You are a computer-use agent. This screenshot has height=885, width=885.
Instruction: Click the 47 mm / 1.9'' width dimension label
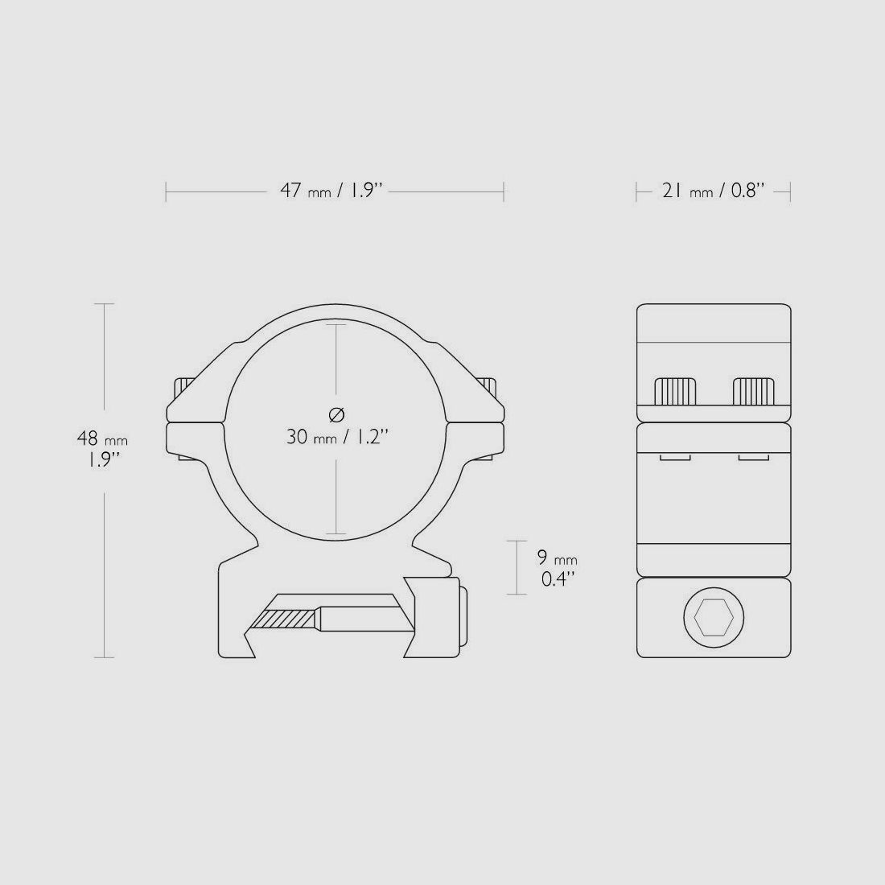[x=330, y=191]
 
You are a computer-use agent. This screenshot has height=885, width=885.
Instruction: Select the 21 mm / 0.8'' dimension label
[x=713, y=191]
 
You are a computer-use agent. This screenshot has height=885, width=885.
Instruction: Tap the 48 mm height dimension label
[x=102, y=450]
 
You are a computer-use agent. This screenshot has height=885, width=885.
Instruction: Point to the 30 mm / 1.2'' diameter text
[x=337, y=437]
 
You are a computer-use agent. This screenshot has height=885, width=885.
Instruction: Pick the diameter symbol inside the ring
[x=337, y=414]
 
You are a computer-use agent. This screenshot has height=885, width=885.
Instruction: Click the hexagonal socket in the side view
[x=714, y=618]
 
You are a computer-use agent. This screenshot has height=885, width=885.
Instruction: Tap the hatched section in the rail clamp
[x=282, y=619]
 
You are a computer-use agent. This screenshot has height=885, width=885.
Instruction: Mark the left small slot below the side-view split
[x=675, y=458]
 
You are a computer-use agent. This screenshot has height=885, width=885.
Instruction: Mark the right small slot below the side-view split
[x=752, y=458]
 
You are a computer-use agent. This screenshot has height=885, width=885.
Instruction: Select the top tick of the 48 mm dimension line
[x=105, y=304]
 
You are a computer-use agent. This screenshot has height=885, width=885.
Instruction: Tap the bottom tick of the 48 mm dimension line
[x=105, y=657]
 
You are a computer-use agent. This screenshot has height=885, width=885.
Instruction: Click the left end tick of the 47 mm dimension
[x=167, y=191]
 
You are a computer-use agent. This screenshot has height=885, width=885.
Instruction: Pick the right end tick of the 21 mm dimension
[x=790, y=191]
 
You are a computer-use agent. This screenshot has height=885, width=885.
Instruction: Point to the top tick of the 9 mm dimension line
[x=516, y=541]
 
